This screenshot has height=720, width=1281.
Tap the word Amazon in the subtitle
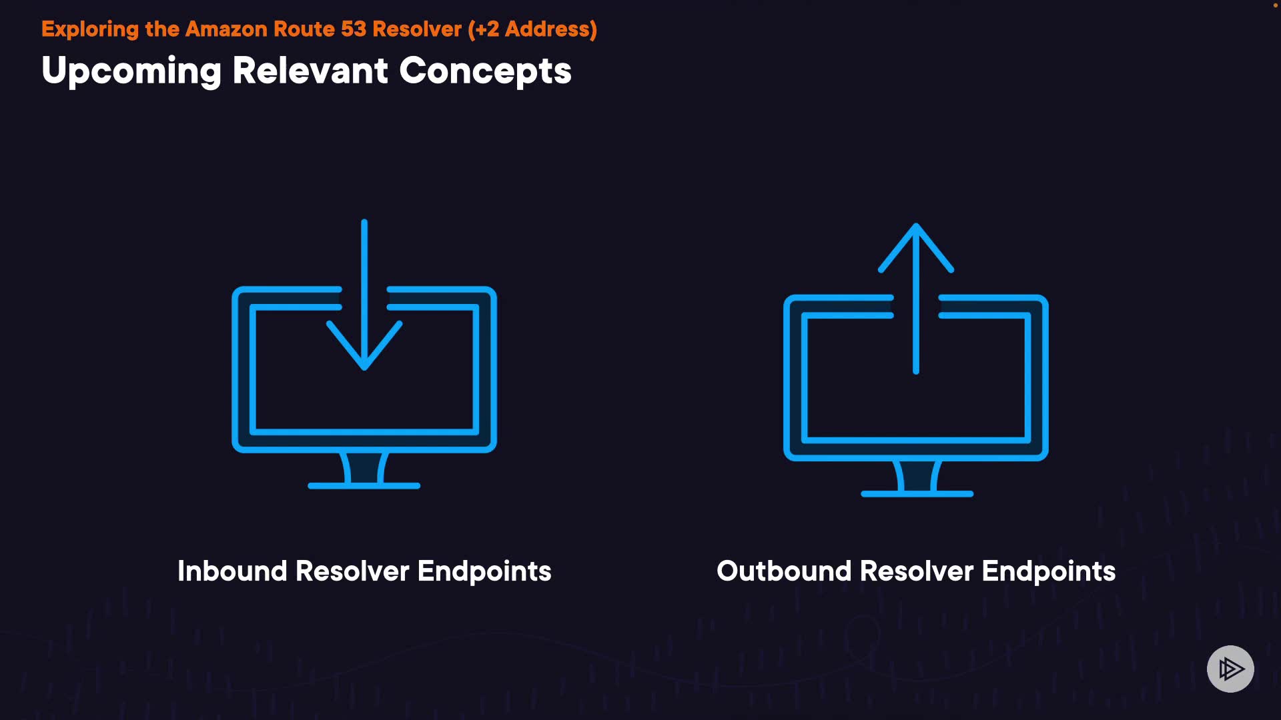226,29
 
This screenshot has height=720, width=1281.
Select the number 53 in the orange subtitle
354,29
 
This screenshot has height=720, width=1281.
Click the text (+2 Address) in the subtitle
532,29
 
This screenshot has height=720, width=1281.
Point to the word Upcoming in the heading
131,71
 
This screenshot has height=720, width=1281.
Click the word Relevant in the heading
310,71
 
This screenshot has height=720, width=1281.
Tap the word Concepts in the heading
485,71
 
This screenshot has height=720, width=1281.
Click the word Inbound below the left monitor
232,571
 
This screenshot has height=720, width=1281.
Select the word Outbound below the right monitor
784,571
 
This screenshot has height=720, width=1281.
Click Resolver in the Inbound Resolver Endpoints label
352,571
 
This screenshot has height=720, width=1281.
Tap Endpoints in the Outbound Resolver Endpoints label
1048,571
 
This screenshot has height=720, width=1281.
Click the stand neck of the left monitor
364,467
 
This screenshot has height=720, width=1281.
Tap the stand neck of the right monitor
917,475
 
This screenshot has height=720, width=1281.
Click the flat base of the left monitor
364,486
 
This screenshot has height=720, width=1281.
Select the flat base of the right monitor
917,494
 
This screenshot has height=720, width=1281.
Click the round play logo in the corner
1230,669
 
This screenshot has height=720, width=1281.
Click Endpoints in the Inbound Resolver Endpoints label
484,571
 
